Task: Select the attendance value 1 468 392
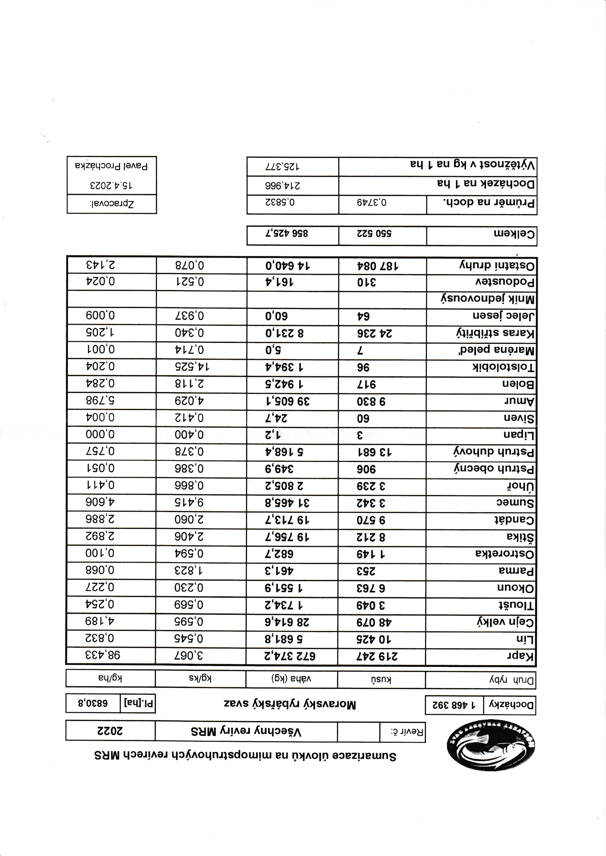454,705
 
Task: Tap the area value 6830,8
93,703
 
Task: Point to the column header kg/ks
200,679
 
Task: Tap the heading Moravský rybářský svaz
290,704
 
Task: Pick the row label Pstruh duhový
494,452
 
